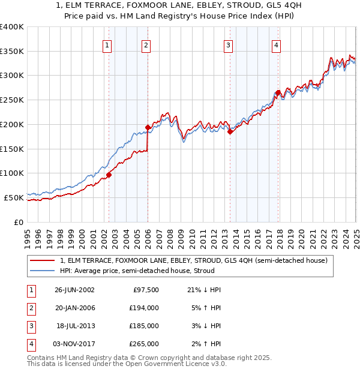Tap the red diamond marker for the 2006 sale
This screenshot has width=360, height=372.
(x=148, y=127)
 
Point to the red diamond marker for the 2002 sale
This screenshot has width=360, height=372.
(x=109, y=175)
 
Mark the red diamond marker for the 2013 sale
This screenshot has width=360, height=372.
(x=230, y=132)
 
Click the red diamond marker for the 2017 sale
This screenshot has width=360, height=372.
(x=277, y=93)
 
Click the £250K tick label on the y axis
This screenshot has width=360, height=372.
(x=12, y=100)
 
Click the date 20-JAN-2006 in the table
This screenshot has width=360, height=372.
(x=74, y=308)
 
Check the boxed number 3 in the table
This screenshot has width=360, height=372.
(x=31, y=326)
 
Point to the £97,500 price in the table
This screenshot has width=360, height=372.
(x=146, y=290)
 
